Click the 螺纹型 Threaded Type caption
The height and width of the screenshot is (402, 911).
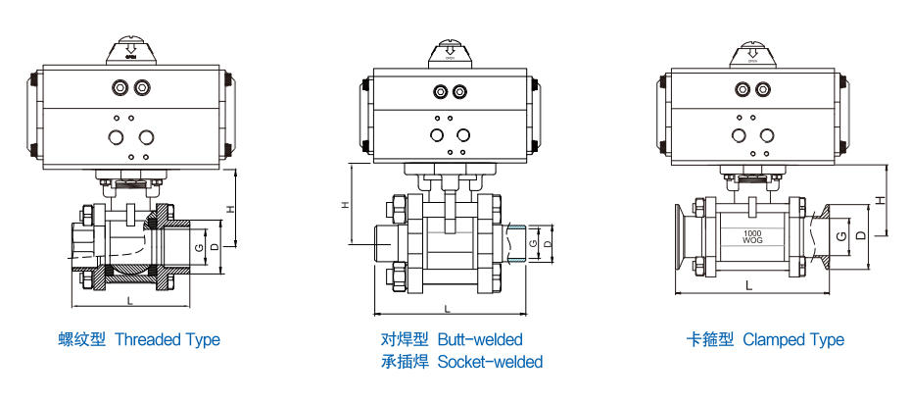[138, 340]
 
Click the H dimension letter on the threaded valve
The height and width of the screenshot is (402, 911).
[230, 209]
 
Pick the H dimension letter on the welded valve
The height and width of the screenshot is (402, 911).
[345, 205]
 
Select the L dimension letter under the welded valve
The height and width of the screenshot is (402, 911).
[447, 308]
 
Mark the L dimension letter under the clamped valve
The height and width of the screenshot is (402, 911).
[748, 285]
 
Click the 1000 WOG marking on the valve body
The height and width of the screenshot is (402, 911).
[752, 235]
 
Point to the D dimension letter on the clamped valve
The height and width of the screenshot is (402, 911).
[859, 235]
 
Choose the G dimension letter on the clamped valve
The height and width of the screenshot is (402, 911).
[840, 235]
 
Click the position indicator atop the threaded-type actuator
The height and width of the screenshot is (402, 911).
[131, 51]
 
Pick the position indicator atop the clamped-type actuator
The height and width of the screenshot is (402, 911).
[752, 51]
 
